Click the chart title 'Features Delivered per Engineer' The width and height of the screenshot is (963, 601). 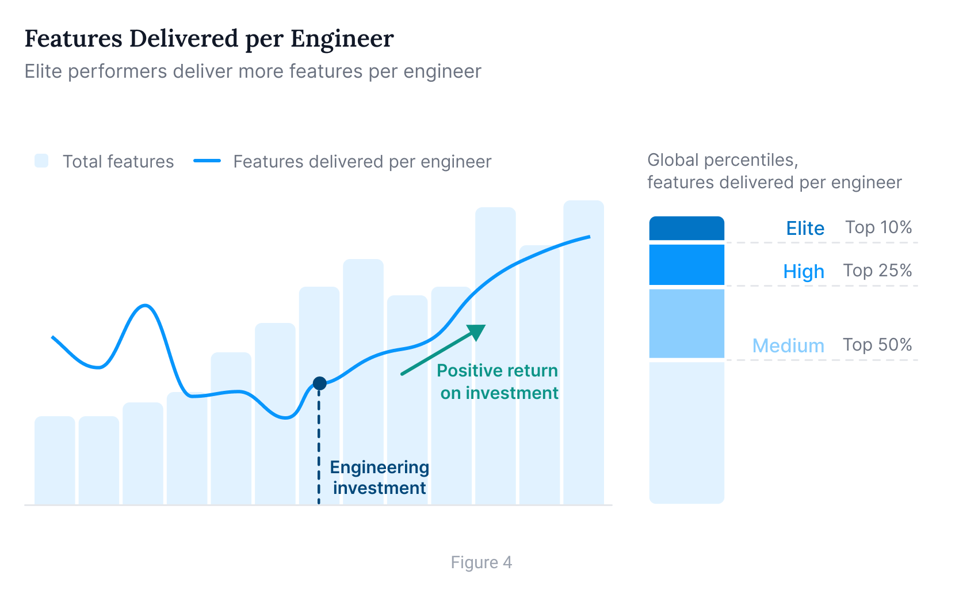coord(209,39)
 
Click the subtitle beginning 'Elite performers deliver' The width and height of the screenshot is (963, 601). coord(253,71)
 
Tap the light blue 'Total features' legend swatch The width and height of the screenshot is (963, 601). coord(41,161)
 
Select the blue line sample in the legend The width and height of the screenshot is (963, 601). coord(207,161)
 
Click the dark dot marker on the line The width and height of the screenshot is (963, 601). coord(320,383)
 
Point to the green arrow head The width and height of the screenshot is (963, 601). coord(477,331)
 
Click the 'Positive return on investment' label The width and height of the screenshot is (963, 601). coord(498,381)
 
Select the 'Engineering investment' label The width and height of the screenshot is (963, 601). coord(379,477)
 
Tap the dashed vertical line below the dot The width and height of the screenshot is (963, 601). coord(319,449)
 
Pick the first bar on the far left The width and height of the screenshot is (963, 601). coord(55,461)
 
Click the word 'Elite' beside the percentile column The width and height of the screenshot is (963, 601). coord(805,229)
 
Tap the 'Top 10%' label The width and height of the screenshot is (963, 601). coord(878,227)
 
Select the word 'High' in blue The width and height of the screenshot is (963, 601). coord(804,272)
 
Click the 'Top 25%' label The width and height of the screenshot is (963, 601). coord(877,271)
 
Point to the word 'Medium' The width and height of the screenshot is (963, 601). coord(788,346)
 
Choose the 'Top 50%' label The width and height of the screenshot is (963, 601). coord(877,345)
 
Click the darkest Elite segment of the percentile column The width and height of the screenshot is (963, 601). coord(686,229)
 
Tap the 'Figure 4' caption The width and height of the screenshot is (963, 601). coord(481,562)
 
